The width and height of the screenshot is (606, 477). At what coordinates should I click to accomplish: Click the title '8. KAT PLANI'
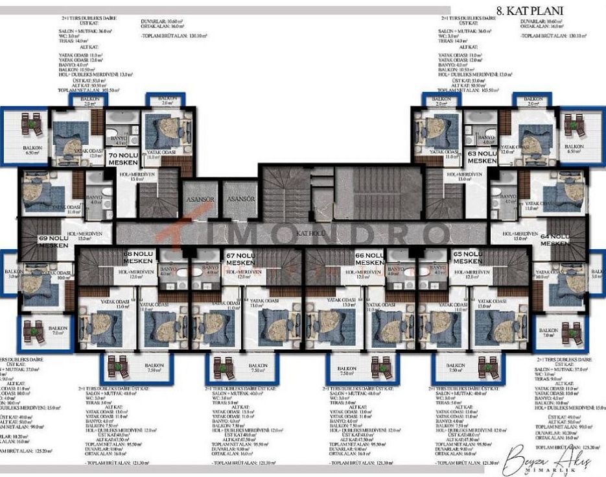[529, 10]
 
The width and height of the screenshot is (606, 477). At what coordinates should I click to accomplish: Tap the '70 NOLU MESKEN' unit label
[123, 160]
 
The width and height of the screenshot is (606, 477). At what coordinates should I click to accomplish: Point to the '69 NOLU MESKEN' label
[54, 241]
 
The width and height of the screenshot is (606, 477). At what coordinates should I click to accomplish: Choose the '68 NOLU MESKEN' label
[138, 257]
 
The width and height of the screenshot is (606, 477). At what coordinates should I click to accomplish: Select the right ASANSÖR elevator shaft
[240, 199]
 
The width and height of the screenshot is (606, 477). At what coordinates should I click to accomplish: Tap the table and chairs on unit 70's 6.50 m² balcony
[30, 123]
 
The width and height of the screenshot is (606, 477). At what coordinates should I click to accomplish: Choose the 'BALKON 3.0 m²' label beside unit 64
[596, 273]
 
